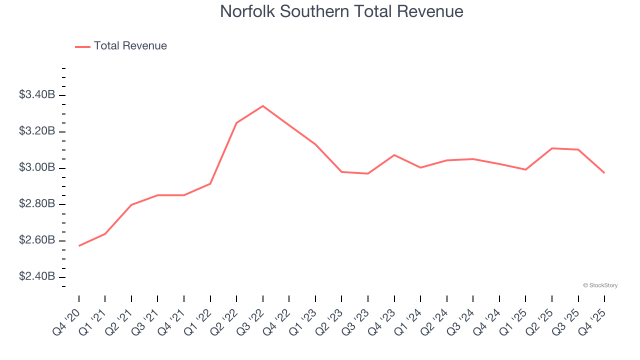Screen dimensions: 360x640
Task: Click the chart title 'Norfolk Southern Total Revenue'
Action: click(x=341, y=11)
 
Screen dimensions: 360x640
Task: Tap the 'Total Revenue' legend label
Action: click(x=130, y=46)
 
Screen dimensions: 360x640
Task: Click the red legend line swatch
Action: click(x=82, y=46)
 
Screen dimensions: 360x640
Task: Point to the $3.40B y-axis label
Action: click(x=37, y=95)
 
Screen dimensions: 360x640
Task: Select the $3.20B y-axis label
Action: click(x=37, y=131)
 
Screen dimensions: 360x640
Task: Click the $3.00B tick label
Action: click(x=37, y=167)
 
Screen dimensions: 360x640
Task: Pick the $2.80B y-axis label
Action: click(x=37, y=204)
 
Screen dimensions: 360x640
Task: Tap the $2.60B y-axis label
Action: click(x=37, y=240)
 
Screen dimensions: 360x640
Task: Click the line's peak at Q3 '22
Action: click(x=263, y=106)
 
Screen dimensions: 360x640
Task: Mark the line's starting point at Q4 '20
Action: click(x=79, y=245)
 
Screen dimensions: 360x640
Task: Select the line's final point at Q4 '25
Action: click(x=604, y=173)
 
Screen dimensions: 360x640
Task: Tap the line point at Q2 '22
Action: click(x=236, y=122)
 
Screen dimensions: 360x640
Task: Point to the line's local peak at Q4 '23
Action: click(x=394, y=155)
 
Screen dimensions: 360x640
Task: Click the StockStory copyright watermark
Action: click(x=600, y=285)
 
